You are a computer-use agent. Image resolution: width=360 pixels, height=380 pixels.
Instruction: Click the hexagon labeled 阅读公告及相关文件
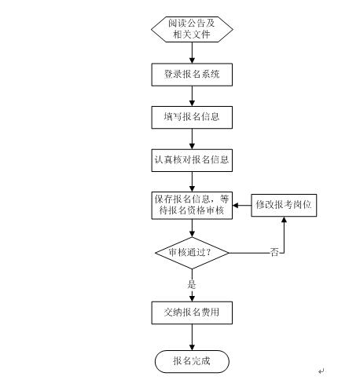(x=192, y=29)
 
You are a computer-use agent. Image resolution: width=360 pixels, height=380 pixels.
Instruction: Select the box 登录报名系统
(x=192, y=75)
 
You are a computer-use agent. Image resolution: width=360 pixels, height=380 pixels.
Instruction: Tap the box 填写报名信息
(x=192, y=117)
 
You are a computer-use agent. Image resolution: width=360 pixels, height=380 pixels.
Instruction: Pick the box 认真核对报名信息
(x=192, y=160)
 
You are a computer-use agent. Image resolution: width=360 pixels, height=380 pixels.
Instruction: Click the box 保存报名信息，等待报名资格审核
(x=192, y=206)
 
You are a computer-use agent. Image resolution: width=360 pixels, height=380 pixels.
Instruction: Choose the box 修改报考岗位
(x=284, y=205)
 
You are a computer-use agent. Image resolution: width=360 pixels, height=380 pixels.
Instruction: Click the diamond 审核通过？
(x=192, y=253)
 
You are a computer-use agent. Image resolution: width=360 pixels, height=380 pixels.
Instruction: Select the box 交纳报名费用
(x=192, y=312)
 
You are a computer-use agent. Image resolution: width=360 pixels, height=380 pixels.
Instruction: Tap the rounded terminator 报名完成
(x=192, y=361)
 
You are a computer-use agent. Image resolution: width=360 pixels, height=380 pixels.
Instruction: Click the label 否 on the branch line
(x=274, y=253)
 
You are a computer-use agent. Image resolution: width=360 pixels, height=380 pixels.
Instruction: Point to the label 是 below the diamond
(x=192, y=284)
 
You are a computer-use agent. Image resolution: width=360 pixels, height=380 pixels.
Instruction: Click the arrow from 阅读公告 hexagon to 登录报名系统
(x=192, y=53)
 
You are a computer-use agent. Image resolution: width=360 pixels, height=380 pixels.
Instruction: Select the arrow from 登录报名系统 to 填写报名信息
(x=192, y=96)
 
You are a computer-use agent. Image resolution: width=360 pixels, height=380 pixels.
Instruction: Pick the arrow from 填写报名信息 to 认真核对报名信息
(x=192, y=139)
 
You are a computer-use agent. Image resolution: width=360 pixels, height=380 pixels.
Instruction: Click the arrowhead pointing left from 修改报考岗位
(x=235, y=205)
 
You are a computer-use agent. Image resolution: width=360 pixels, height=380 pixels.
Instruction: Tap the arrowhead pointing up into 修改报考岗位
(x=284, y=219)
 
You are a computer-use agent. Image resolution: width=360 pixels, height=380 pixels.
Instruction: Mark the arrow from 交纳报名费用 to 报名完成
(x=192, y=338)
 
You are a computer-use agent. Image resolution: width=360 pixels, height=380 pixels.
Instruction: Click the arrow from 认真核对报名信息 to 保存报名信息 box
(x=192, y=182)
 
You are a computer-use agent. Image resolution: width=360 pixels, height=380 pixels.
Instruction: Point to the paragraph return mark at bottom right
(x=321, y=371)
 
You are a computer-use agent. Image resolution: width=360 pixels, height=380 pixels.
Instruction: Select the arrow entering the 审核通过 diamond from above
(x=192, y=228)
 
